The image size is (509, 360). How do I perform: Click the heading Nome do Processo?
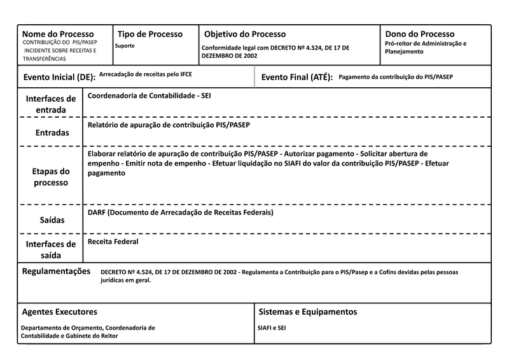click(x=58, y=34)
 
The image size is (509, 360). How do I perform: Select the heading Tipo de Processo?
click(x=150, y=34)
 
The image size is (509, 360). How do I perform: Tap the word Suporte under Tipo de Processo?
click(x=125, y=46)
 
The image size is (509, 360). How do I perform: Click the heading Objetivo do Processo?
click(x=245, y=34)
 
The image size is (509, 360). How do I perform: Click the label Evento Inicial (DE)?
click(x=59, y=78)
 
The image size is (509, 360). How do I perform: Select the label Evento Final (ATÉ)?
click(x=297, y=78)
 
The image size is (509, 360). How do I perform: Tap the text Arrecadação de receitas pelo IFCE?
click(x=146, y=74)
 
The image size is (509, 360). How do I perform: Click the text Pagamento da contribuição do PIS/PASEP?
click(x=396, y=76)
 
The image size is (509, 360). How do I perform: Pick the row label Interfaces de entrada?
click(x=51, y=104)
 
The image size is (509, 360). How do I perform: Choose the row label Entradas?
click(x=51, y=134)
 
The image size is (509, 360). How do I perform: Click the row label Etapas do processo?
click(x=51, y=177)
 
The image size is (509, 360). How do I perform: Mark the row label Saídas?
click(x=51, y=219)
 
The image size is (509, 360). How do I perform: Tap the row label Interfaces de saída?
click(x=51, y=249)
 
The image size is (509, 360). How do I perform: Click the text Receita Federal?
click(x=113, y=242)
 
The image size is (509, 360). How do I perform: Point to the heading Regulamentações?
click(x=56, y=271)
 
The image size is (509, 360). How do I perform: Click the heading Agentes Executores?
click(x=59, y=312)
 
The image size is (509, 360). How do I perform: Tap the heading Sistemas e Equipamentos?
click(x=308, y=312)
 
